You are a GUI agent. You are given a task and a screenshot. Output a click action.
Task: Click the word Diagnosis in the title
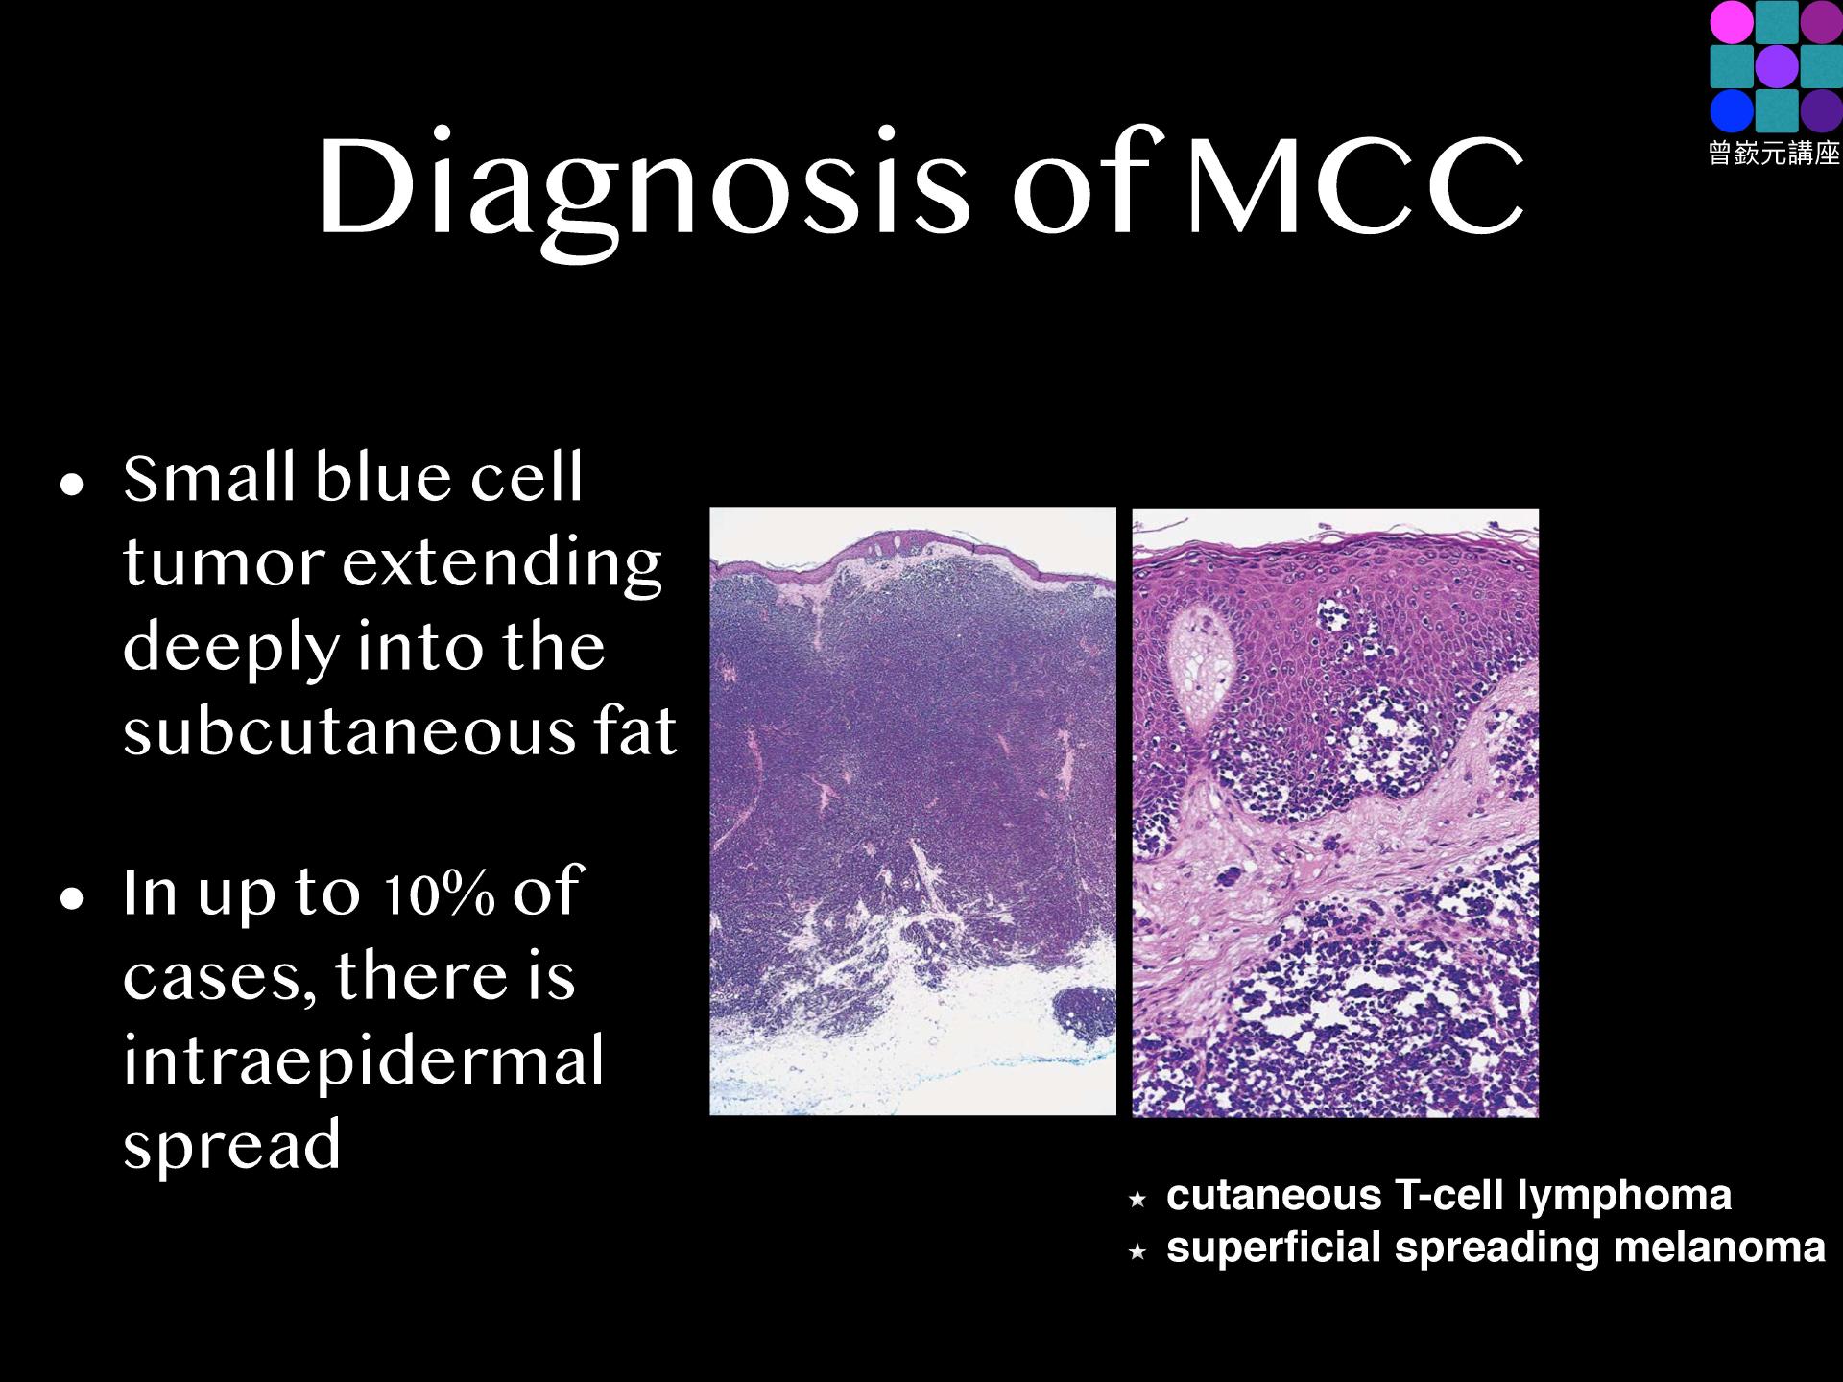click(644, 187)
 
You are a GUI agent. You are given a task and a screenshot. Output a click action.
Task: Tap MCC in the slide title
click(1355, 185)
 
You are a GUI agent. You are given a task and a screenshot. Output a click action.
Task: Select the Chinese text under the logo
click(1774, 153)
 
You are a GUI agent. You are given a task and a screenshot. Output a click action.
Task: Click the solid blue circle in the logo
click(1732, 110)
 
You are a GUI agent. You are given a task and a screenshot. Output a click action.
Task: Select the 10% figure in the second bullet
click(439, 893)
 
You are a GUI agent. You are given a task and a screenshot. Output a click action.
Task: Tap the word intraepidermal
click(364, 1060)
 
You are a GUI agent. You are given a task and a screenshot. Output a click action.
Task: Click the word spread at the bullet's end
click(232, 1144)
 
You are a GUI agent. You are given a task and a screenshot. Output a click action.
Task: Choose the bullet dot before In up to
click(72, 898)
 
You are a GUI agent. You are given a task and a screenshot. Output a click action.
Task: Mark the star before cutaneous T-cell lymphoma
click(1137, 1199)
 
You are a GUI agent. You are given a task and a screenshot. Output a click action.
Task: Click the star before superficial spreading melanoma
click(1137, 1251)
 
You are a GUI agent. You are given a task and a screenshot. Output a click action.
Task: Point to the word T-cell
click(1449, 1196)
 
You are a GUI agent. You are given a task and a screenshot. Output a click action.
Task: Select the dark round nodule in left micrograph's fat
click(1085, 1017)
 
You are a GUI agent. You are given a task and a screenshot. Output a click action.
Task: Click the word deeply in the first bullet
click(230, 648)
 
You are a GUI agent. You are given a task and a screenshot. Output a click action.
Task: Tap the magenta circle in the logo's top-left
click(1732, 21)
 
